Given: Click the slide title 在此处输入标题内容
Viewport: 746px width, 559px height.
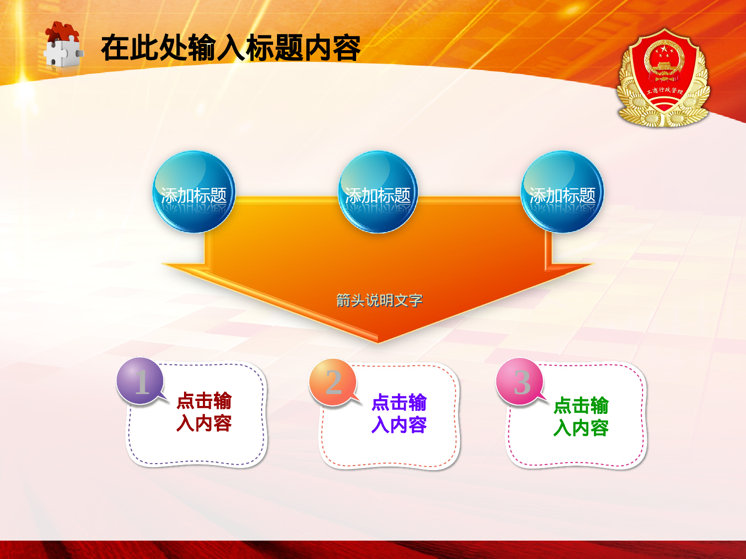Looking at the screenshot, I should pyautogui.click(x=230, y=48).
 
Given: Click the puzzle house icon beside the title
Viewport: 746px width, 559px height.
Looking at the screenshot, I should pyautogui.click(x=63, y=45).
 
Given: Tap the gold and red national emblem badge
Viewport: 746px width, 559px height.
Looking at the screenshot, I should pyautogui.click(x=663, y=78).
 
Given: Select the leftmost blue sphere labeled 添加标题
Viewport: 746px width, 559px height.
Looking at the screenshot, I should pyautogui.click(x=193, y=192).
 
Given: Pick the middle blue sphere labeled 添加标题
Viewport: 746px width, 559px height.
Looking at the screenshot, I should pyautogui.click(x=377, y=192).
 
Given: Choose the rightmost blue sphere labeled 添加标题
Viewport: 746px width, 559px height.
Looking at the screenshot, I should pyautogui.click(x=562, y=192).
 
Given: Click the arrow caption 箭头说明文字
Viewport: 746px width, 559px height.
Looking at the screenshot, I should pyautogui.click(x=379, y=300).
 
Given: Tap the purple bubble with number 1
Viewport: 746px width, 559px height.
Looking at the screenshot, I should pyautogui.click(x=140, y=381).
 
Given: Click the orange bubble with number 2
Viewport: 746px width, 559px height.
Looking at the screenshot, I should pyautogui.click(x=333, y=382).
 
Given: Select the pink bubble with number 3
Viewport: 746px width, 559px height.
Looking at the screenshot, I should pyautogui.click(x=520, y=382).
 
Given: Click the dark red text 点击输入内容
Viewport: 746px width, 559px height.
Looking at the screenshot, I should pyautogui.click(x=204, y=411).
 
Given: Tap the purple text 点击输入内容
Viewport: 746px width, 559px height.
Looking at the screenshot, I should pyautogui.click(x=399, y=413).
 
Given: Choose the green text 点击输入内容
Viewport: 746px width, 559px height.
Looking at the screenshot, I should pyautogui.click(x=581, y=416).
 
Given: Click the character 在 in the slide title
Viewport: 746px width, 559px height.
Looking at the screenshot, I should pyautogui.click(x=115, y=48).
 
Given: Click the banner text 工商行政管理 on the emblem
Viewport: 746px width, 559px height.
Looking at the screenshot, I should pyautogui.click(x=664, y=90).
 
